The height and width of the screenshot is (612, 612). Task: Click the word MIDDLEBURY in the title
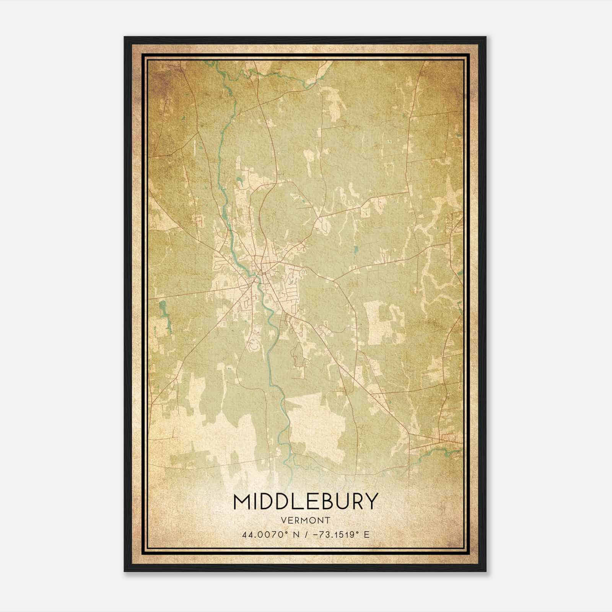click(x=306, y=501)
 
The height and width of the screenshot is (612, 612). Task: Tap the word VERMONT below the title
click(x=306, y=521)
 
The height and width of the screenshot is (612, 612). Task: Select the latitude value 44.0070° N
click(x=265, y=535)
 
